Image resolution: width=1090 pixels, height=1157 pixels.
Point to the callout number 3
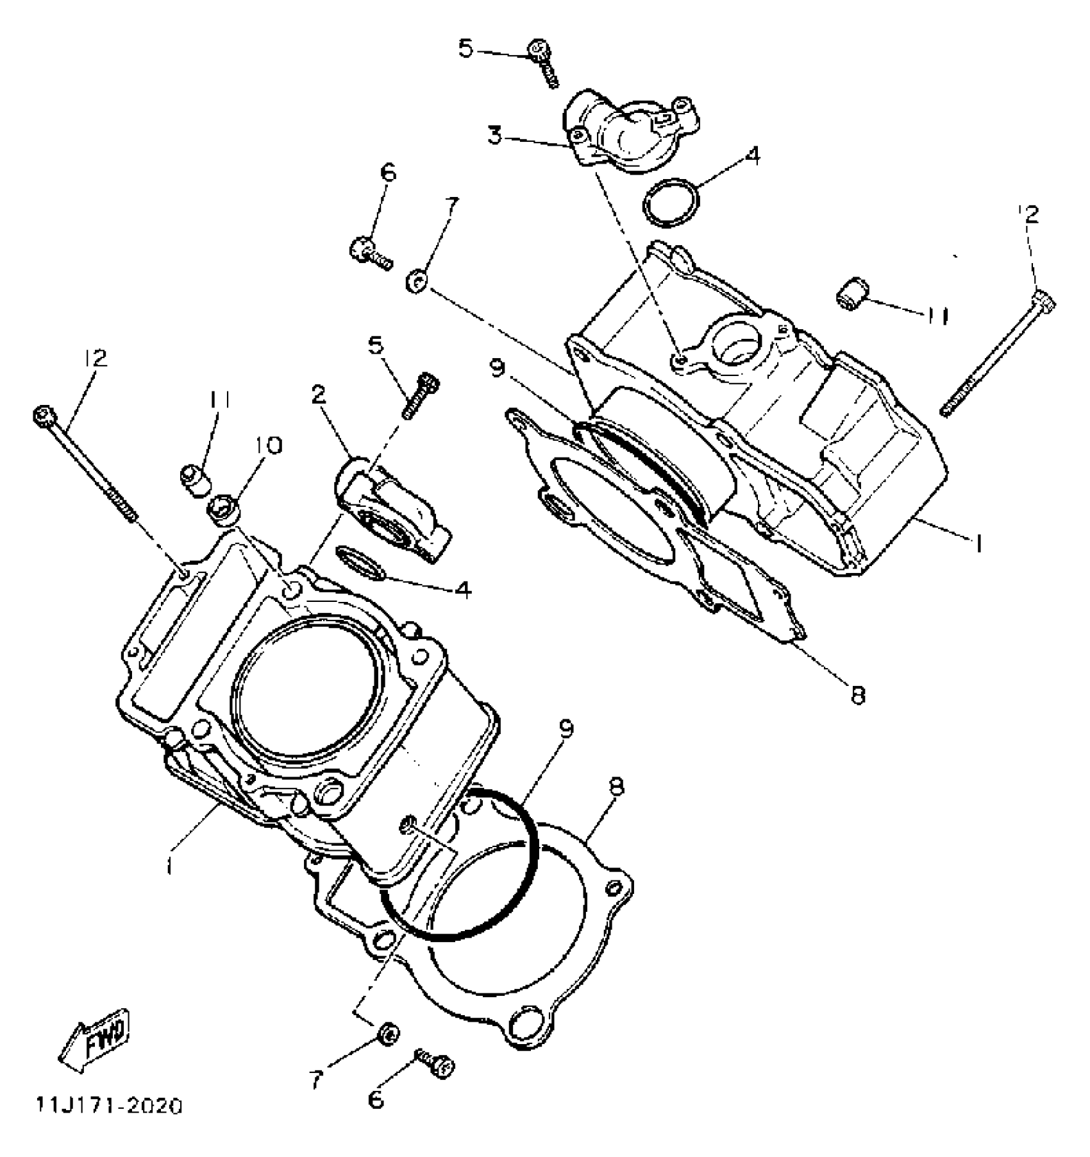tap(494, 137)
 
